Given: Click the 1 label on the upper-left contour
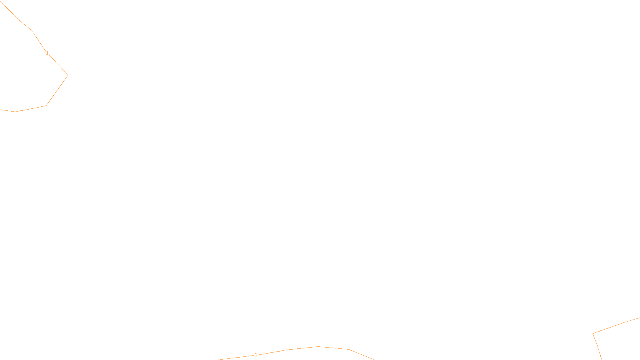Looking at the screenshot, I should tap(47, 53).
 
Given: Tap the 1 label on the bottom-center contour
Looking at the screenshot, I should tap(256, 355).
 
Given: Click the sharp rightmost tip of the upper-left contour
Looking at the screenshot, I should tap(68, 75).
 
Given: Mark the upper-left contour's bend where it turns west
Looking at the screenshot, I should tap(46, 106).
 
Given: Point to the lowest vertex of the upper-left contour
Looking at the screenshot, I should tap(16, 112).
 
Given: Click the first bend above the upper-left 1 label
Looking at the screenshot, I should tap(32, 30).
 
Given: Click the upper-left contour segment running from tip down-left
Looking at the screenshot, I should tap(57, 90).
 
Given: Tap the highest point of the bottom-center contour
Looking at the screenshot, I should tap(318, 346).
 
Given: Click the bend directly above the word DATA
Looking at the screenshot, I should tap(349, 349).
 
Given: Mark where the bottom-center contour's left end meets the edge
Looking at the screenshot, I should tap(219, 359).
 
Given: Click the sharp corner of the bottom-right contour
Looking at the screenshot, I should tap(593, 334).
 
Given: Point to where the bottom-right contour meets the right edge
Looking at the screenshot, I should tap(639, 318).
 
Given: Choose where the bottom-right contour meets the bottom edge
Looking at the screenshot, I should tap(601, 359).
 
